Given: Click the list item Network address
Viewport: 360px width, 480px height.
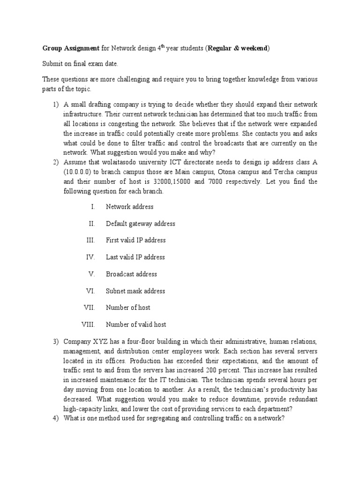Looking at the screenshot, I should tap(129, 207).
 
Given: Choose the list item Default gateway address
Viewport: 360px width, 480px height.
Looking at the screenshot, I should tap(141, 224).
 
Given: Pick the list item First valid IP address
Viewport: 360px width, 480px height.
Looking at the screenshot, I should tap(136, 240).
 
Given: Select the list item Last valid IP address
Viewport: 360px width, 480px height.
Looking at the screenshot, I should tap(135, 257).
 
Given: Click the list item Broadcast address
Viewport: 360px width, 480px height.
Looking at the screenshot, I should tap(132, 274).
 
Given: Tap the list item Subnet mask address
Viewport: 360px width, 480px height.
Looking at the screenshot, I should tap(135, 291).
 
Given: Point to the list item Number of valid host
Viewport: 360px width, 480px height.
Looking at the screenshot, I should tap(136, 324).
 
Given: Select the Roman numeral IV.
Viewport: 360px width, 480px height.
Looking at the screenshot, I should tap(90, 257).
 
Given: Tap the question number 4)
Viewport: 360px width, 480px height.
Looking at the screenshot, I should tap(55, 418).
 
